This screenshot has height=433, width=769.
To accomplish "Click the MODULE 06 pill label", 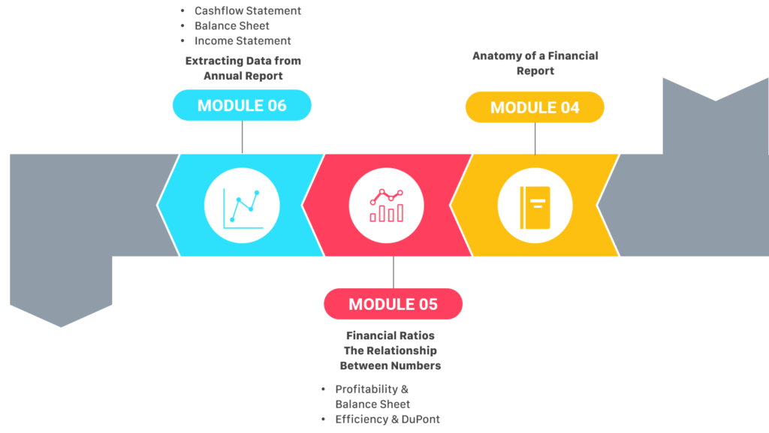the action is tap(242, 105).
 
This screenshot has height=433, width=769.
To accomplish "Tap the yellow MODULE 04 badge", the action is tap(535, 107).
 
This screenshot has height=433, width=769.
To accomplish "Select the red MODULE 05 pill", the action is tap(393, 304).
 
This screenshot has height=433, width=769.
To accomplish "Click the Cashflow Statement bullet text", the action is tap(248, 11).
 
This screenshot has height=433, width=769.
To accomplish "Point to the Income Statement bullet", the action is tap(243, 41).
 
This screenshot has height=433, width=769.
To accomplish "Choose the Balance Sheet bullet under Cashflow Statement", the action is tap(232, 26).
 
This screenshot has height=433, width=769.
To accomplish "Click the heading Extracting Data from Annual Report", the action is tap(243, 68).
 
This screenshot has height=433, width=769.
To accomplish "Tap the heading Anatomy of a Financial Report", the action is tap(535, 63).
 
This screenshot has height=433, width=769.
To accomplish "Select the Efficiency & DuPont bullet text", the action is tap(388, 419).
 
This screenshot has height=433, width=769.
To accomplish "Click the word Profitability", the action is tap(366, 389).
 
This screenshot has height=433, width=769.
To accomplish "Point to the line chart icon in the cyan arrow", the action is tap(243, 209).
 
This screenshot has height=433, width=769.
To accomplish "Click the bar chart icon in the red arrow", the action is tap(387, 205).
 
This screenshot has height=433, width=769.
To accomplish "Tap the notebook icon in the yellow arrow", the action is tap(535, 207).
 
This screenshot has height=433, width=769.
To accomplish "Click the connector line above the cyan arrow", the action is tap(243, 137).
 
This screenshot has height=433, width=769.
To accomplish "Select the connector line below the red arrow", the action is tap(394, 272).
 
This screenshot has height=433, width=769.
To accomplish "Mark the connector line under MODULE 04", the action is tap(535, 139).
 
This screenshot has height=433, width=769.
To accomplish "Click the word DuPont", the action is tap(421, 419).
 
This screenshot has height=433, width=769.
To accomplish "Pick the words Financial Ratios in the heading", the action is tap(391, 335).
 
